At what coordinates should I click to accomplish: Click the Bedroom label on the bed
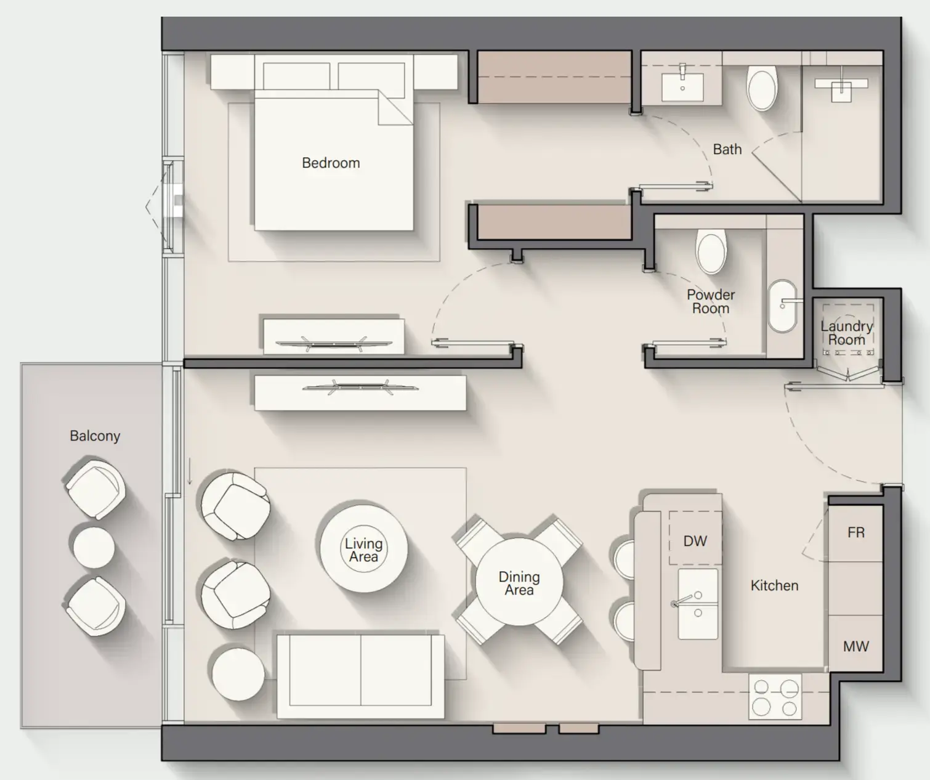tap(331, 163)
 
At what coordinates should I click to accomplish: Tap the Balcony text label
tap(95, 436)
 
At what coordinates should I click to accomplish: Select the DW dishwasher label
tap(695, 541)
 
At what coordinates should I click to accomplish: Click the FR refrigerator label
tap(855, 532)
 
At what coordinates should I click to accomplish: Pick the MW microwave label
tap(855, 646)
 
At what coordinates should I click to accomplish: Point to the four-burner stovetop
tap(775, 697)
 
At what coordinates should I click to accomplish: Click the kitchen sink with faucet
tap(697, 604)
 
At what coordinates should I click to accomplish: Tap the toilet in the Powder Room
tap(711, 251)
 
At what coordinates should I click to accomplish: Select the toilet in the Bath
tap(762, 89)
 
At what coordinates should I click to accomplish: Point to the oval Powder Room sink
tap(782, 306)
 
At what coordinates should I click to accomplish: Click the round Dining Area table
tap(519, 582)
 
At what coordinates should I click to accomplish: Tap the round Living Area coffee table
tap(363, 549)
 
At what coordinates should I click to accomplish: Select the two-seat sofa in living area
tap(360, 675)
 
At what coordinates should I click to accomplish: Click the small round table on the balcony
tap(94, 547)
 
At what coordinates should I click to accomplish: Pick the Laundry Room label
tap(846, 333)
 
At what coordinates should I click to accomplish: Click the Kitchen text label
tap(774, 585)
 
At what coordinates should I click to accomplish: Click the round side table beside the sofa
tap(238, 673)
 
